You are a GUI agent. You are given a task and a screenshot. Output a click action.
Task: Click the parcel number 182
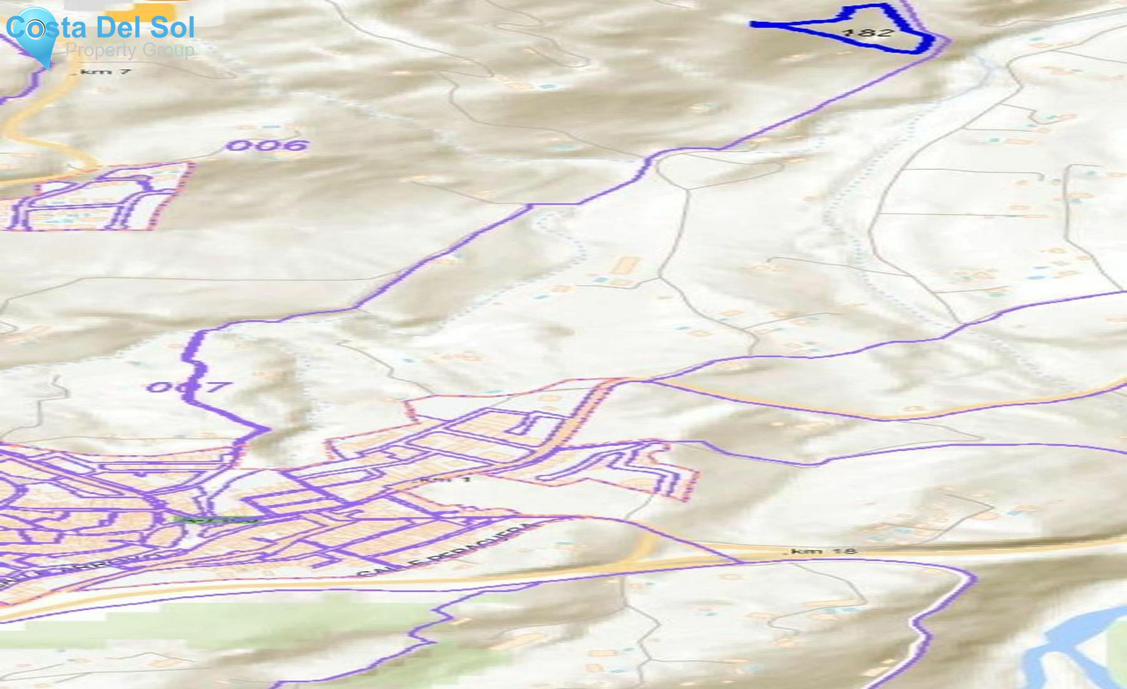coord(867,31)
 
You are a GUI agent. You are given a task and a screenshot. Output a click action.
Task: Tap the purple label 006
coord(267,146)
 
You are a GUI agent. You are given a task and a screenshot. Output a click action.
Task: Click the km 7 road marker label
coord(104,72)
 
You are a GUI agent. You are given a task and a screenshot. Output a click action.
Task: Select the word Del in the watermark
coord(118,28)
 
